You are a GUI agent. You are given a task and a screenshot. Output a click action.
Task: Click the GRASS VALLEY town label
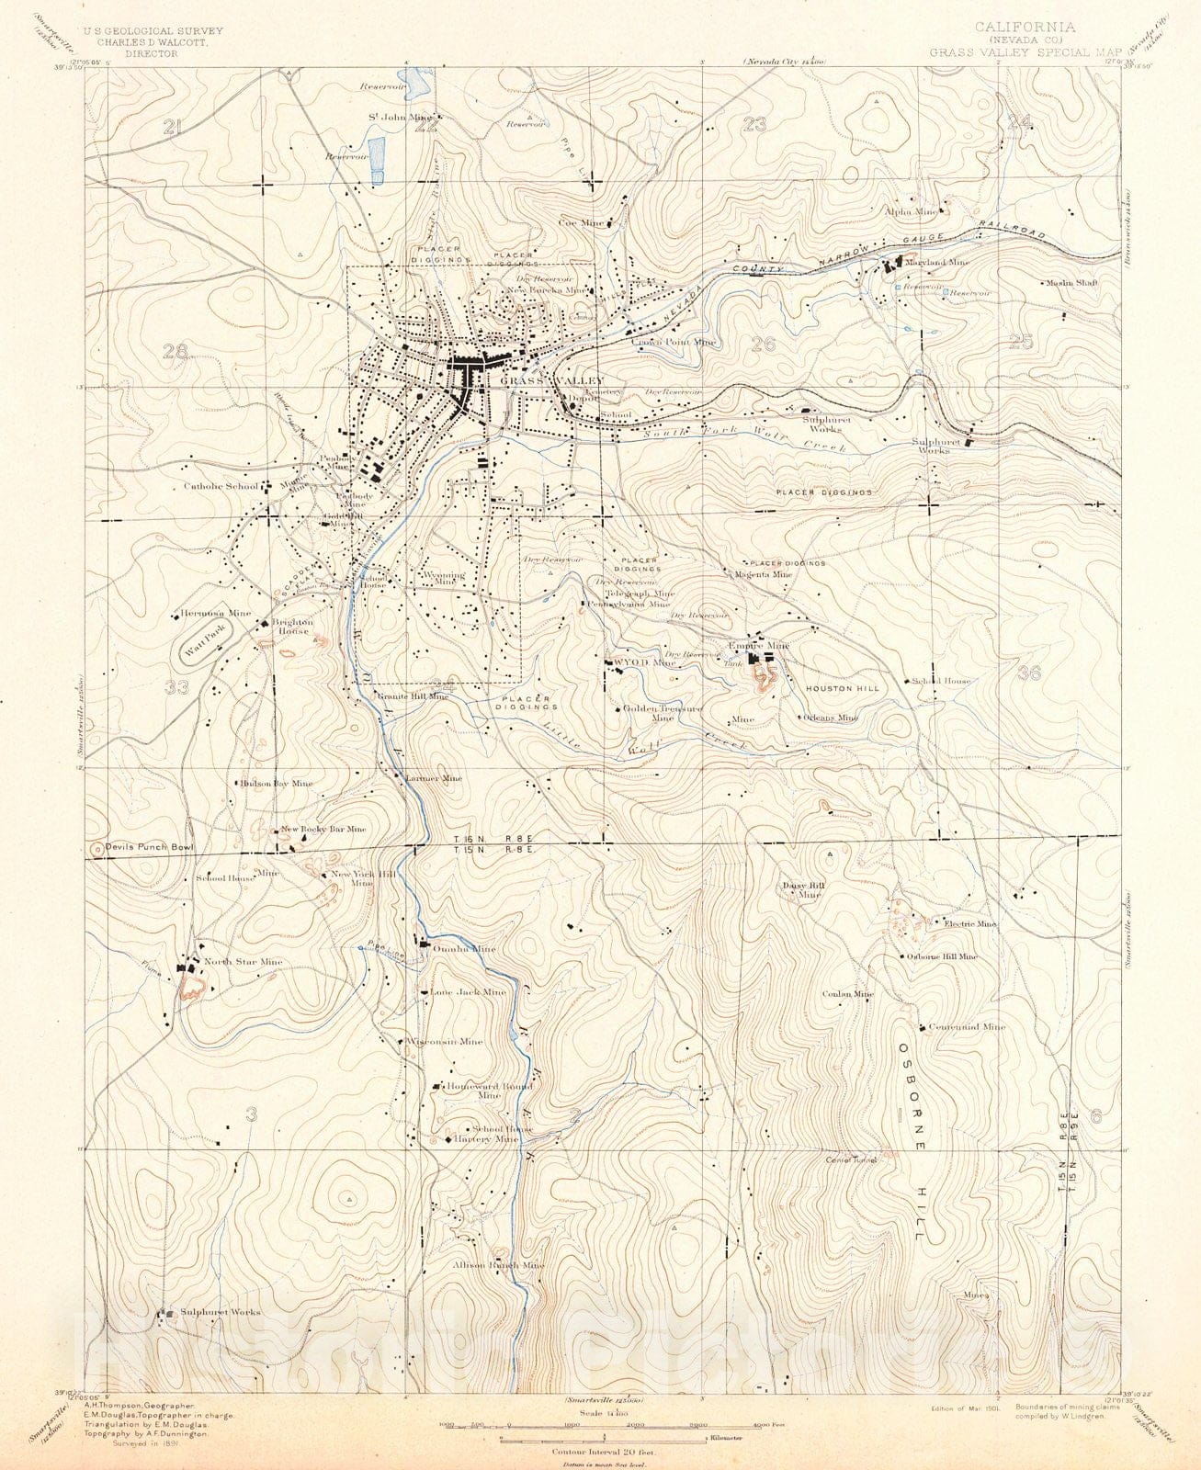tap(552, 380)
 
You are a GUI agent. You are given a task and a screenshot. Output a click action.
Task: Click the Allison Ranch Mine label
tap(498, 1265)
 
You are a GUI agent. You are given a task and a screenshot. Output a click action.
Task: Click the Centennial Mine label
tap(967, 1027)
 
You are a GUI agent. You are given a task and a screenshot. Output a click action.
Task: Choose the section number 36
tap(1029, 673)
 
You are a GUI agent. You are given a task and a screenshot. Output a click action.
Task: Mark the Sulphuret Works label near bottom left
tap(220, 1312)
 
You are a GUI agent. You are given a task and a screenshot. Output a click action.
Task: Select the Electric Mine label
tap(969, 923)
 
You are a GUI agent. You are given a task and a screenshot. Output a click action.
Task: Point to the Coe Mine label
tap(581, 222)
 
